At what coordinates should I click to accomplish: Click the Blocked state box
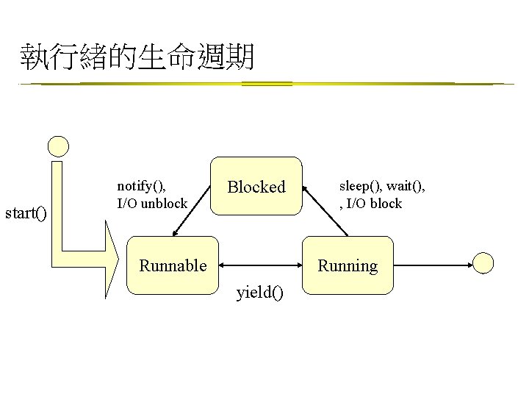click(256, 187)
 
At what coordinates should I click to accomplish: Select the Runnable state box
click(173, 265)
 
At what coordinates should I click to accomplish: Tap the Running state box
click(348, 265)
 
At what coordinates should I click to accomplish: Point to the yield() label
click(259, 294)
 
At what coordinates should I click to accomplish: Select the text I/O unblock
click(152, 203)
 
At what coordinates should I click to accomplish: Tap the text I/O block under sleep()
click(373, 204)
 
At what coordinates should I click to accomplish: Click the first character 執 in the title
click(35, 57)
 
